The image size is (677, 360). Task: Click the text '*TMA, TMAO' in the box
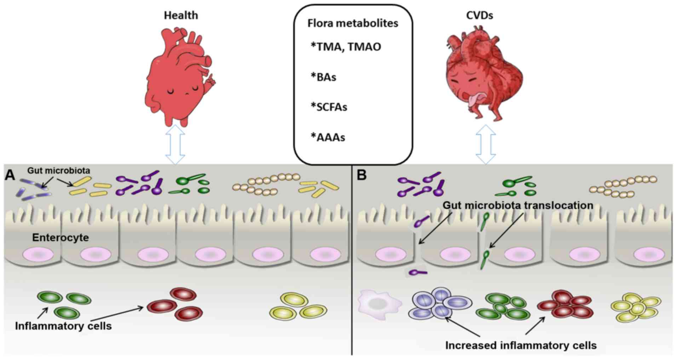pyautogui.click(x=345, y=47)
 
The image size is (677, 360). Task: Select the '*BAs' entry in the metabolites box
pyautogui.click(x=323, y=77)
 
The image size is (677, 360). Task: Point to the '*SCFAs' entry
pyautogui.click(x=329, y=107)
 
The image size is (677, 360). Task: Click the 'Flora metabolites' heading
pyautogui.click(x=352, y=23)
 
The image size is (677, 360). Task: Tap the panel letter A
pyautogui.click(x=10, y=175)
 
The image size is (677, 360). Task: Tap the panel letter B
pyautogui.click(x=361, y=175)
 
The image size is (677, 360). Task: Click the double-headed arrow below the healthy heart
pyautogui.click(x=175, y=144)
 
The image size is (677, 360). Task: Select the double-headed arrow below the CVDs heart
pyautogui.click(x=485, y=144)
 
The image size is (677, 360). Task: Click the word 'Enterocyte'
pyautogui.click(x=61, y=237)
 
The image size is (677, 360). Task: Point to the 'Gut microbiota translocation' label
pyautogui.click(x=518, y=205)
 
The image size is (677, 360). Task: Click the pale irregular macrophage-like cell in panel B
pyautogui.click(x=378, y=303)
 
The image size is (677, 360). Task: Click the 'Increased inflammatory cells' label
pyautogui.click(x=521, y=345)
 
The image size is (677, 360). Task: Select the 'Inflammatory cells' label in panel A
pyautogui.click(x=63, y=326)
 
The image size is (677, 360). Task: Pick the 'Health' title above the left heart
pyautogui.click(x=181, y=15)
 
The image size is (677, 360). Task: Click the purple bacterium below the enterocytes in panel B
pyautogui.click(x=418, y=272)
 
